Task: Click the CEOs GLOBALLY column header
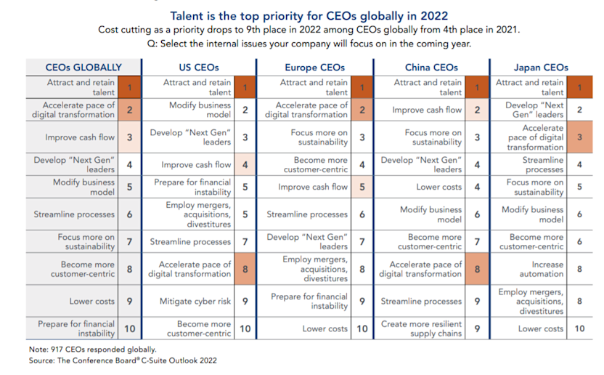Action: pyautogui.click(x=83, y=67)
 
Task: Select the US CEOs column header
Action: pyautogui.click(x=200, y=67)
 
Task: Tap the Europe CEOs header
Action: pyautogui.click(x=314, y=67)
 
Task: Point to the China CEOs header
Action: pyautogui.click(x=429, y=67)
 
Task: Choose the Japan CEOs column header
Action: pyautogui.click(x=541, y=67)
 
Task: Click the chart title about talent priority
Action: pyautogui.click(x=309, y=15)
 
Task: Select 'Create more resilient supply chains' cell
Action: pyautogui.click(x=422, y=329)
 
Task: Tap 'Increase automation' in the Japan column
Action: pyautogui.click(x=542, y=269)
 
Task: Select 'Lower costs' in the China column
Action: pyautogui.click(x=438, y=187)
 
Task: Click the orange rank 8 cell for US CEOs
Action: pyautogui.click(x=245, y=269)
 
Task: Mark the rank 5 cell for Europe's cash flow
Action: pyautogui.click(x=362, y=187)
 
